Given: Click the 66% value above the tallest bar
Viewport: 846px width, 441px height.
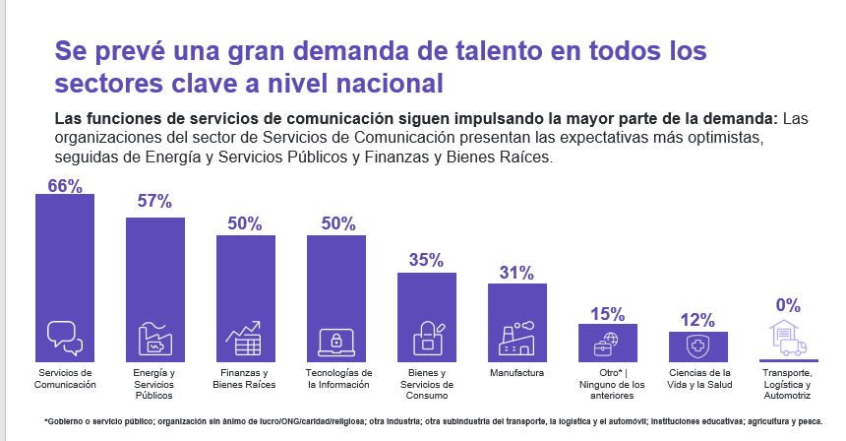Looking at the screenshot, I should pos(65,184).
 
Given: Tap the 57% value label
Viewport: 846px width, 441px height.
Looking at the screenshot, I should pos(155,202).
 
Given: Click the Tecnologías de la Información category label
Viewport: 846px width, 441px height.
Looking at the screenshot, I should pos(338,379).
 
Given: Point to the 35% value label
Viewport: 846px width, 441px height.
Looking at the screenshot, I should pos(427,261).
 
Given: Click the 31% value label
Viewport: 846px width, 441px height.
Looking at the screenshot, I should pos(517,273).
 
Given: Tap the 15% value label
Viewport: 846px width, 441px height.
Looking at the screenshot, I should pos(608,314).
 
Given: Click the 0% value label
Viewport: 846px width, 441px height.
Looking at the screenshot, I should pos(788,305).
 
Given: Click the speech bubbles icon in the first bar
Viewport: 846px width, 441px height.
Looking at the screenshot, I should pos(65,338).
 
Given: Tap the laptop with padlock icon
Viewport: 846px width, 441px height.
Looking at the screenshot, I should pos(336,341).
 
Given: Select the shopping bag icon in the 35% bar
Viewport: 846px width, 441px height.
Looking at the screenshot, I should pos(427,339).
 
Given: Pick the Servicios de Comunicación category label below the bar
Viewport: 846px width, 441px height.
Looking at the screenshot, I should pos(65,379).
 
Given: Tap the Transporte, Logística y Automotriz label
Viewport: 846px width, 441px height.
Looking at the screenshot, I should pos(788,384).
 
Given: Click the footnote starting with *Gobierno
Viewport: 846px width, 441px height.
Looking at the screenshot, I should pos(433,421).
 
